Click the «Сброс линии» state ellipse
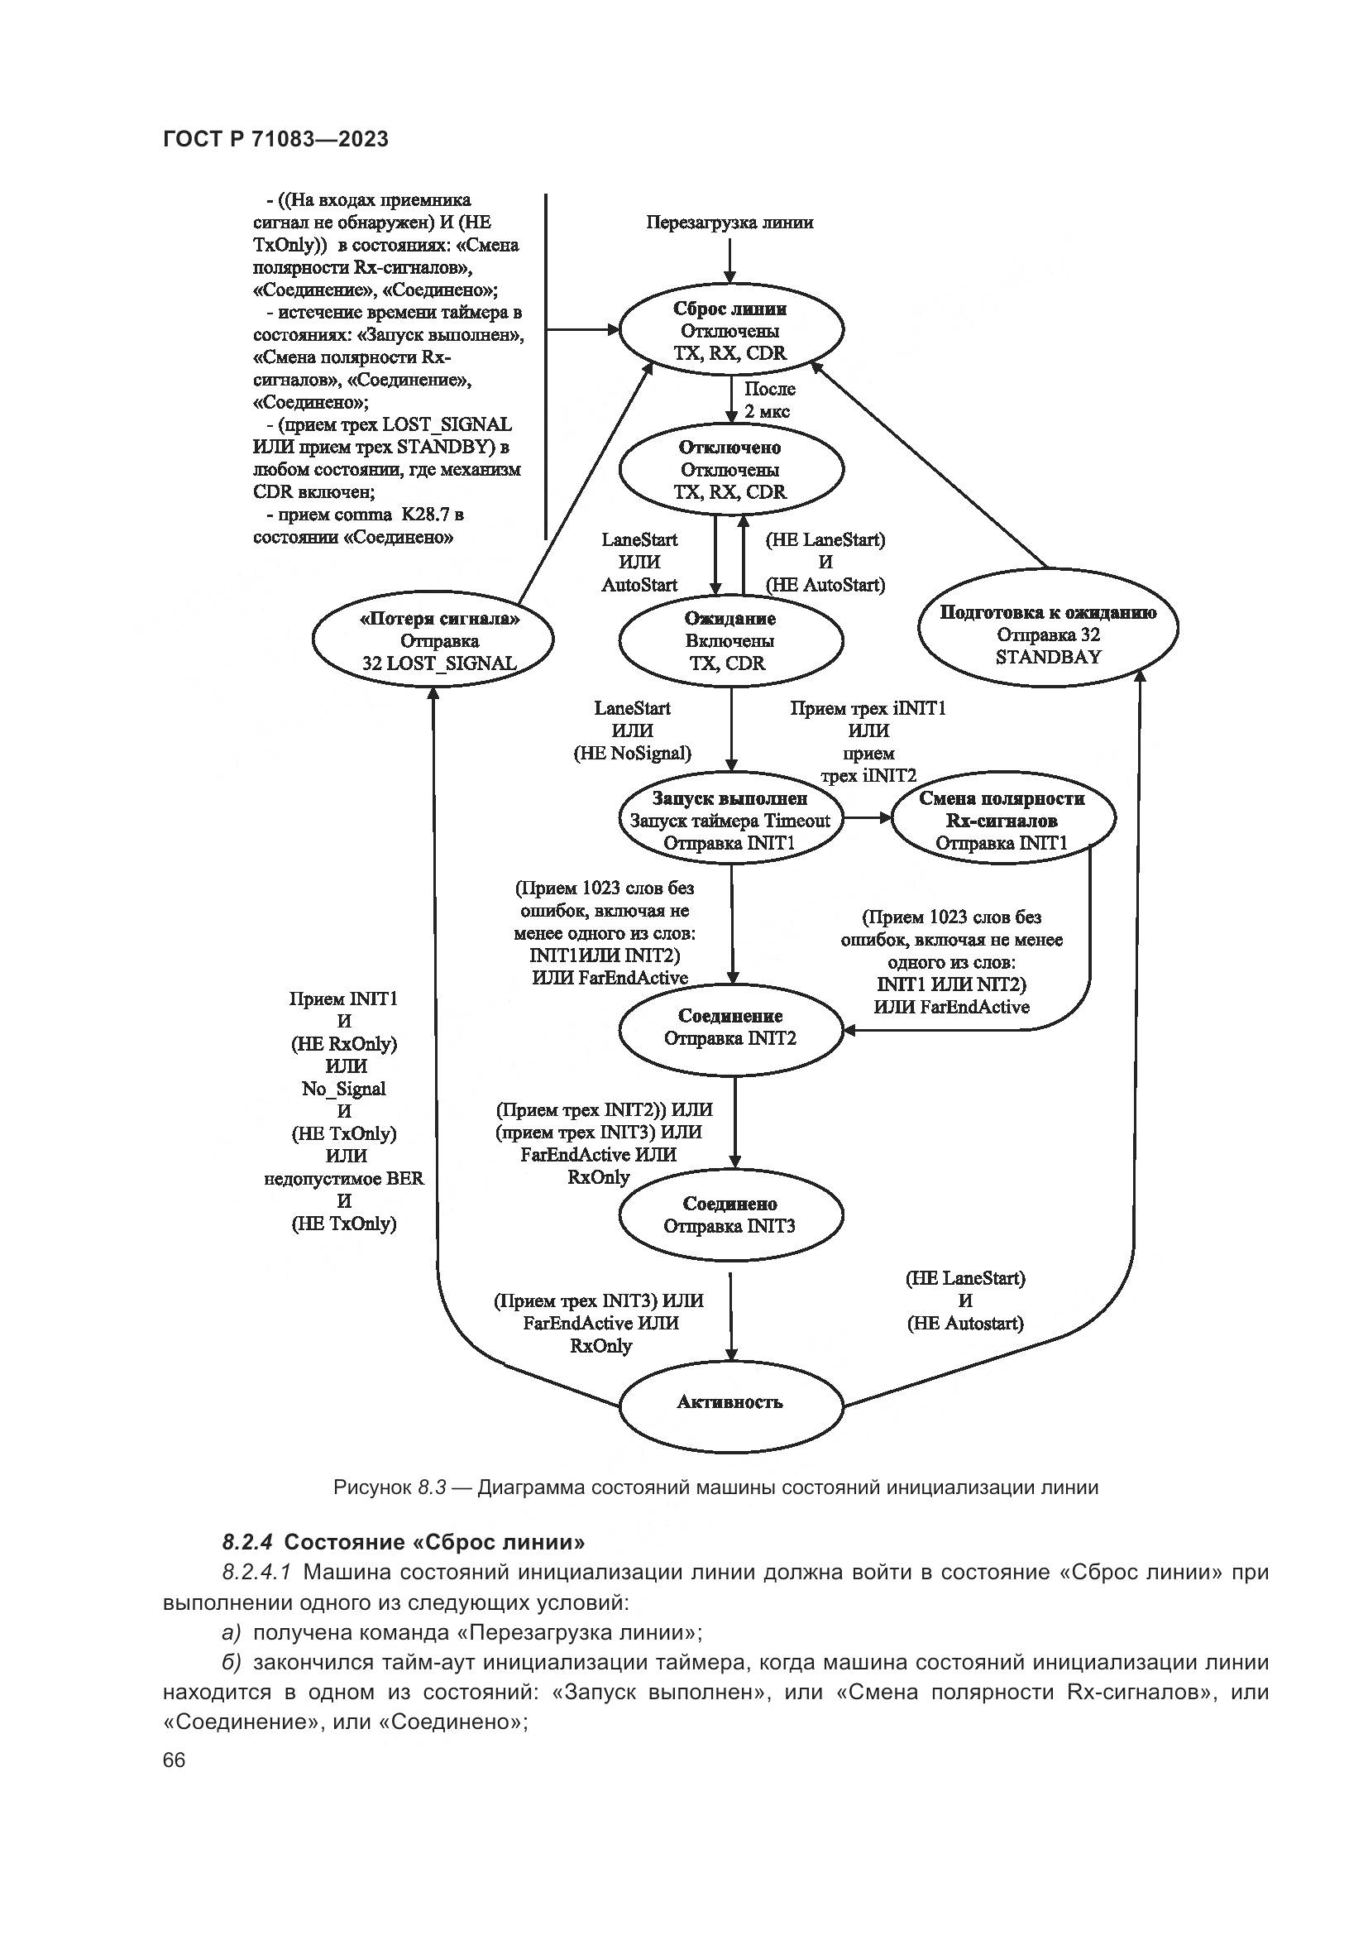click(730, 331)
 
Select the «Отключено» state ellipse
click(730, 469)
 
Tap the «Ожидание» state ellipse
click(730, 640)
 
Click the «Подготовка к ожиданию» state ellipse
click(1048, 635)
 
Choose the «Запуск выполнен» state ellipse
click(730, 820)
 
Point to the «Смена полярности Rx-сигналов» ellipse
click(1002, 820)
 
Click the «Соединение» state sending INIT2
click(730, 1027)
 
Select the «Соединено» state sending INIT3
click(730, 1214)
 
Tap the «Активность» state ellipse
click(730, 1402)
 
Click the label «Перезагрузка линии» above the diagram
click(729, 223)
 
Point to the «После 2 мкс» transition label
click(768, 401)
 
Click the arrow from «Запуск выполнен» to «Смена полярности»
click(868, 817)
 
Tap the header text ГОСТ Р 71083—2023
click(275, 139)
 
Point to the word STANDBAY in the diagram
click(1048, 658)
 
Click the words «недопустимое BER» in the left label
click(344, 1178)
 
